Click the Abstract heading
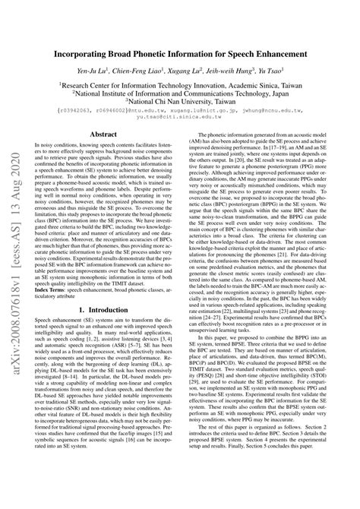coord(104,134)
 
